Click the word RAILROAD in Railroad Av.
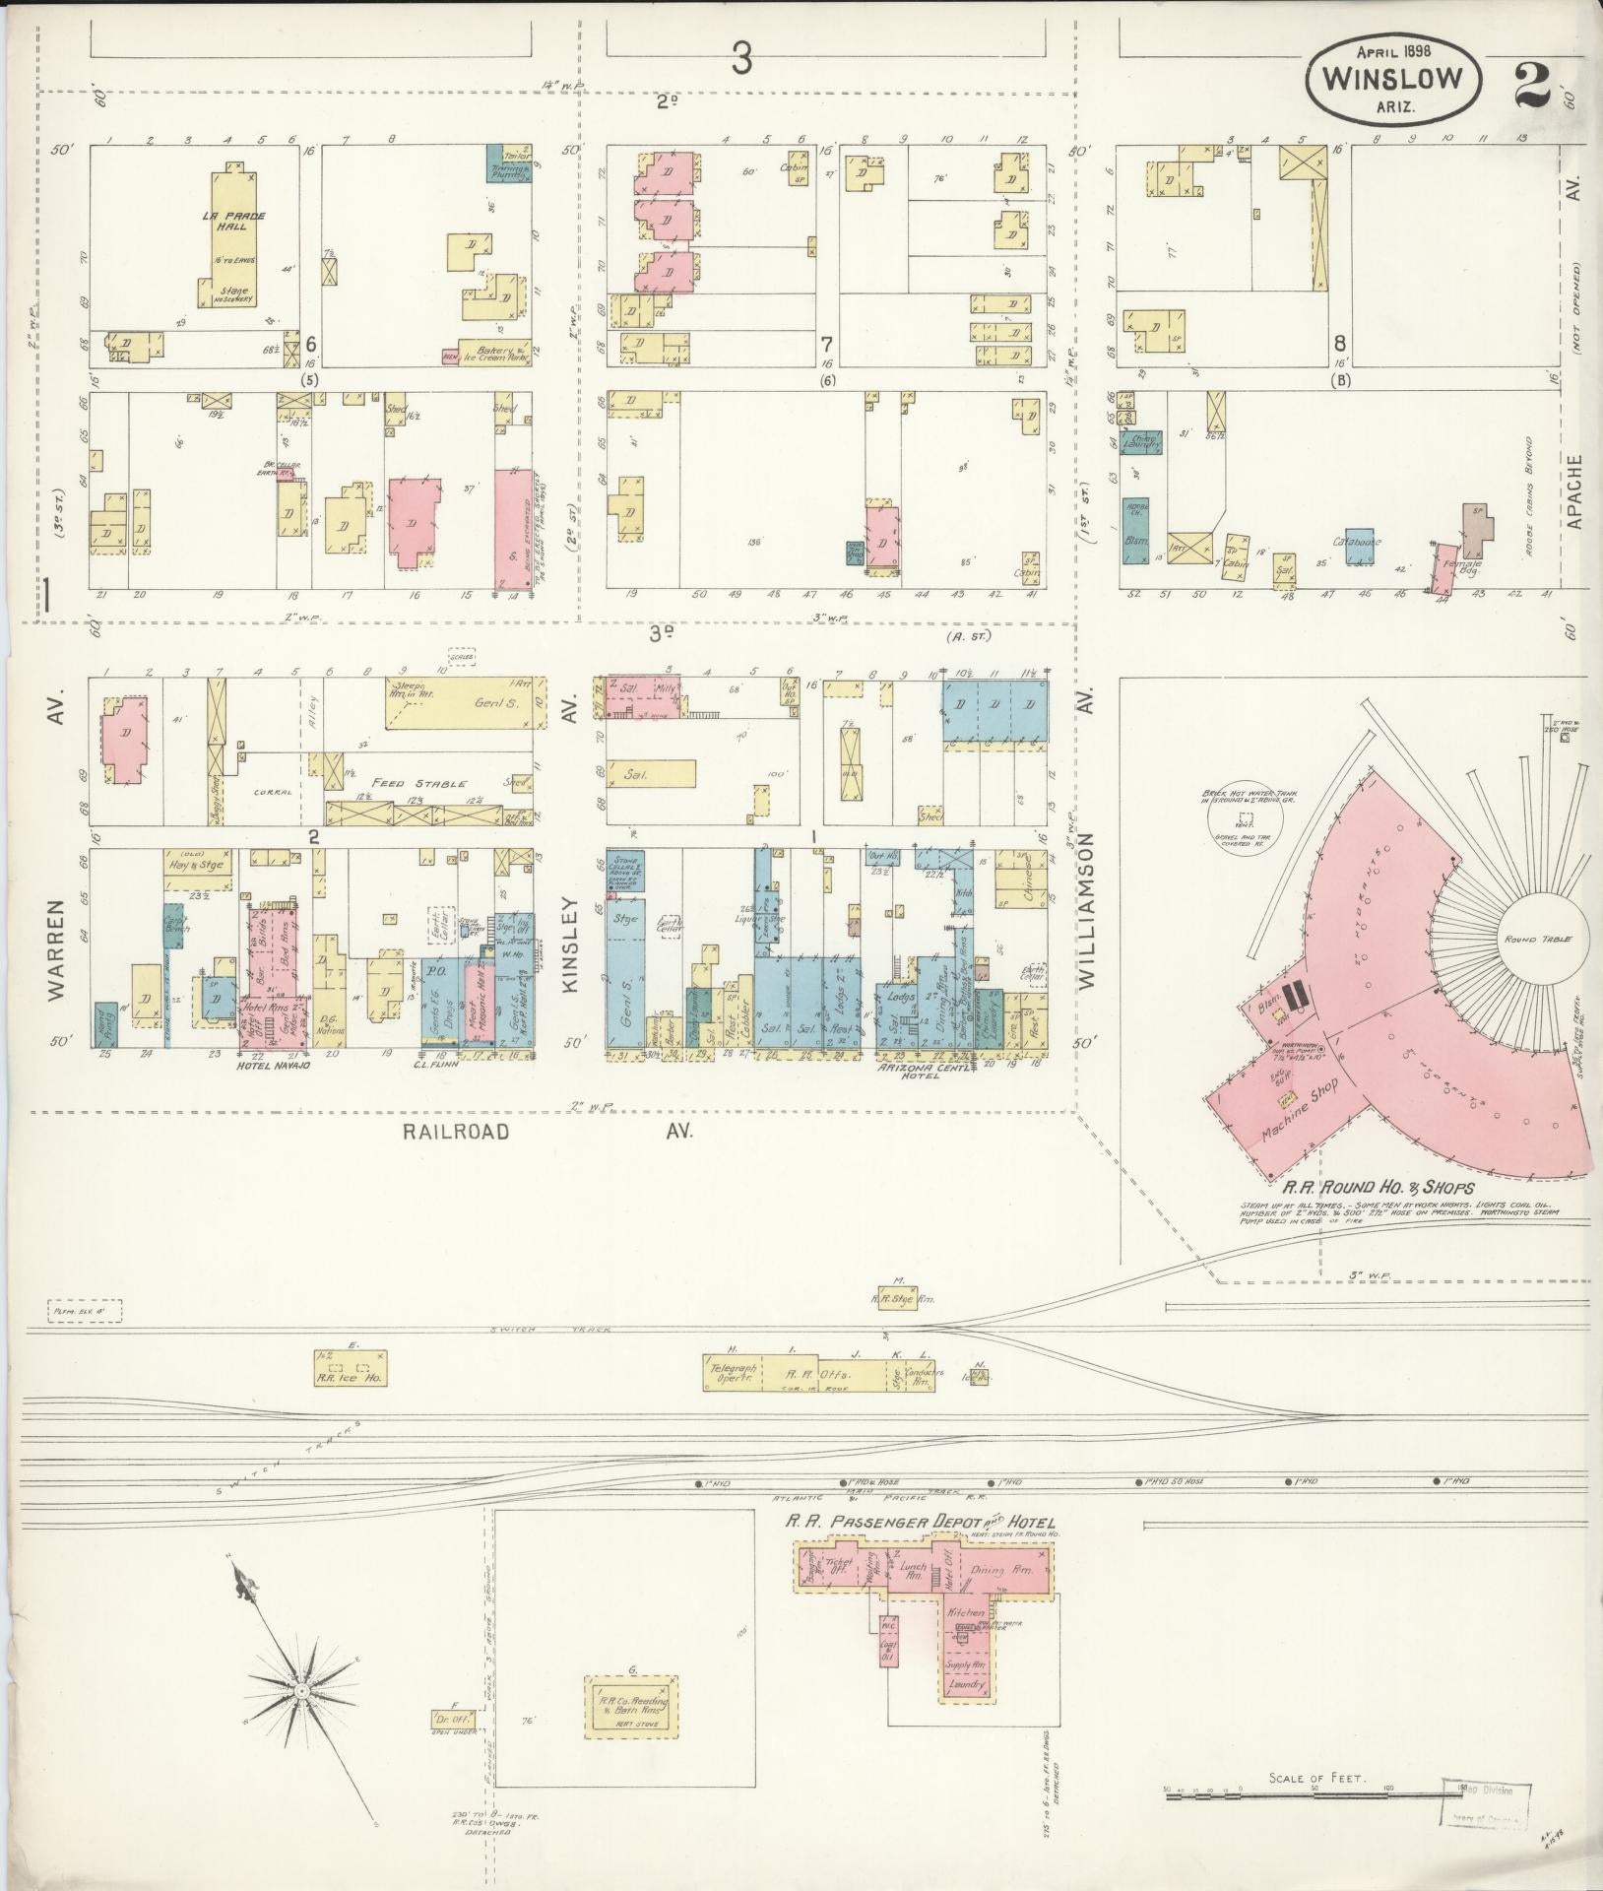[x=456, y=1132]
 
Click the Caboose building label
[x=1358, y=541]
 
